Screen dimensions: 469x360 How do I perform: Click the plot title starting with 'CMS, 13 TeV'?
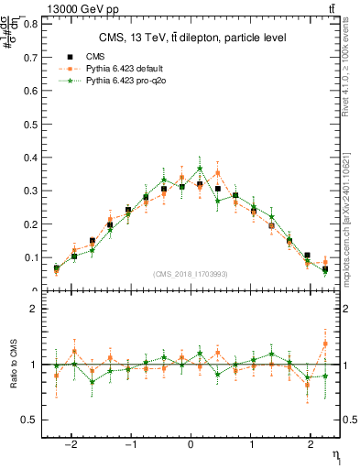(192, 38)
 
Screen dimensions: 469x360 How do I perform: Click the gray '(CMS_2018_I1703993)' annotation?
(191, 274)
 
